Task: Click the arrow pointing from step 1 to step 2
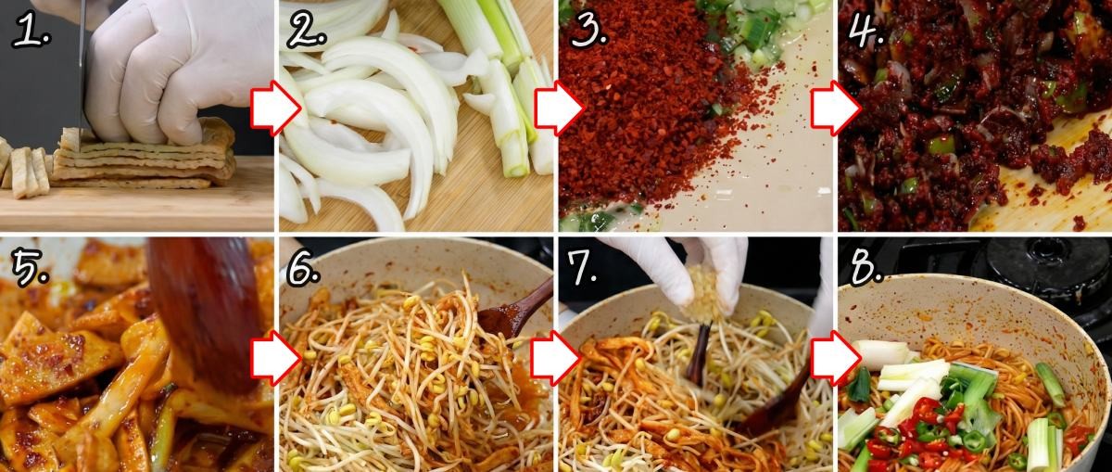coord(275,108)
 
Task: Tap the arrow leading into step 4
coord(837,108)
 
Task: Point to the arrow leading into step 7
coord(555,358)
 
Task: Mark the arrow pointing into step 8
coord(837,358)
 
